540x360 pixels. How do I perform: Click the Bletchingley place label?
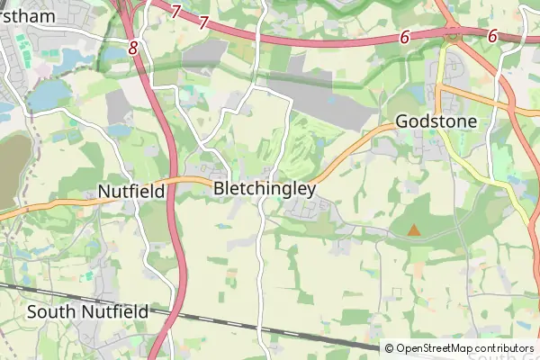click(265, 189)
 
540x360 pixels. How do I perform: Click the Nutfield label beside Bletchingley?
click(130, 191)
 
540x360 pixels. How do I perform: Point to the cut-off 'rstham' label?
click(27, 16)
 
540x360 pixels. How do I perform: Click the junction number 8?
click(133, 49)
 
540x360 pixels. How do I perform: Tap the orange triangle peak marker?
click(413, 230)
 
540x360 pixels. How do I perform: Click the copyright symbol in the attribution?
click(389, 348)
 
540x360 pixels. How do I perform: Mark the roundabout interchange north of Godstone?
click(452, 36)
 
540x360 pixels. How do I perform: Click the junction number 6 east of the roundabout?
click(492, 36)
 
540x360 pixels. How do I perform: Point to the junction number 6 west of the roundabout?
click(405, 37)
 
